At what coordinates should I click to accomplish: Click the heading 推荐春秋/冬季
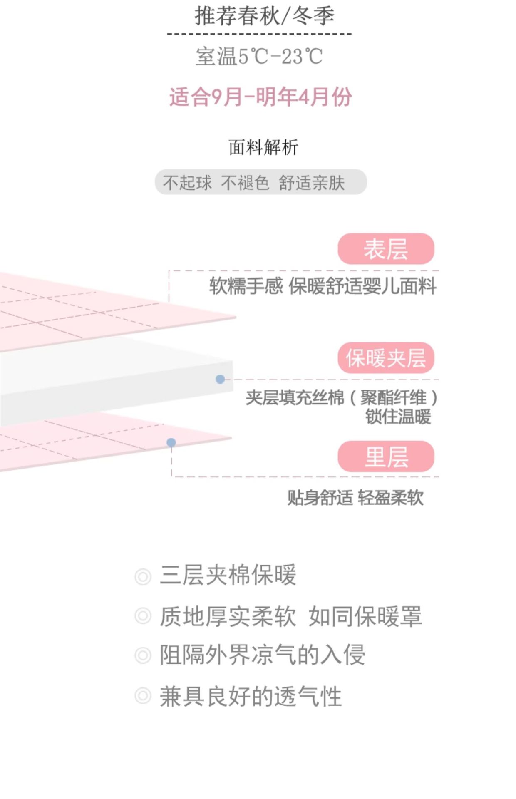(264, 16)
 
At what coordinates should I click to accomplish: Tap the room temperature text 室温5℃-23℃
(259, 56)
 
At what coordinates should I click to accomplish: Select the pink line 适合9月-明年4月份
(260, 97)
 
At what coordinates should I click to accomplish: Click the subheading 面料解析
(263, 147)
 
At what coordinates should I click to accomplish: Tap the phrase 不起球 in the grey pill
(187, 183)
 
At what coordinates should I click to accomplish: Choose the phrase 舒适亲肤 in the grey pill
(312, 183)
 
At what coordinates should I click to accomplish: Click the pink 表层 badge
(386, 249)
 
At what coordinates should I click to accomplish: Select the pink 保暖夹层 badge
(386, 358)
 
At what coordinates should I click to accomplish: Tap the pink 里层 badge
(386, 457)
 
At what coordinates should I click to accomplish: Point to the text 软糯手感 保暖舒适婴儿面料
(322, 286)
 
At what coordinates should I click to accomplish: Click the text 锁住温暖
(398, 417)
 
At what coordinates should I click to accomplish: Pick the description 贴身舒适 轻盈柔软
(355, 497)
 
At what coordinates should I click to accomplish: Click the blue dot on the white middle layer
(220, 379)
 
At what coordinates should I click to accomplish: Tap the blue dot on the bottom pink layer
(171, 442)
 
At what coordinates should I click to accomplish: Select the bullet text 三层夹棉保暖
(228, 575)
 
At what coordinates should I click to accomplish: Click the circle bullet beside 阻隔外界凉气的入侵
(143, 655)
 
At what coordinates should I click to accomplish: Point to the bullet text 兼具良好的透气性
(251, 696)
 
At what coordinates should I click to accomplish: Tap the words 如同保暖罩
(365, 616)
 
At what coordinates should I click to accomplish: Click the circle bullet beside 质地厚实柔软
(143, 616)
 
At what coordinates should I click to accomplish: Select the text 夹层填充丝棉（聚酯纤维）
(341, 397)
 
